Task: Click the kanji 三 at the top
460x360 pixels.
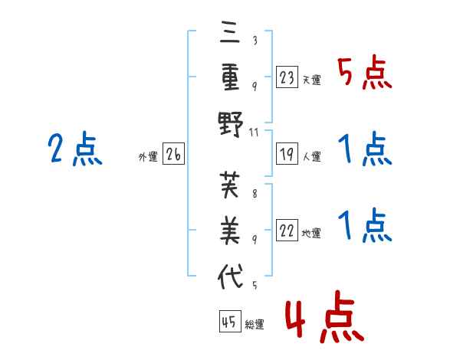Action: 230,31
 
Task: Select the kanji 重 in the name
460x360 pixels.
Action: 230,77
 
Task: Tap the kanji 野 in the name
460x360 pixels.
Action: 231,124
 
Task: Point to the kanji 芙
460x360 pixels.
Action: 230,185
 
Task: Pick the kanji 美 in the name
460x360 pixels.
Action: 230,230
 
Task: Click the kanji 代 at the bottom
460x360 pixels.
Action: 230,277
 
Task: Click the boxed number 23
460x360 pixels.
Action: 287,77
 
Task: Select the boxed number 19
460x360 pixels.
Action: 287,154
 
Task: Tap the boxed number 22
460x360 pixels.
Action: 287,230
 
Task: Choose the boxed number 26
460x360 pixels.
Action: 173,154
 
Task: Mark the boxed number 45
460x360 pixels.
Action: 230,321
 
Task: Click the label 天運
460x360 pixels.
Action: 311,80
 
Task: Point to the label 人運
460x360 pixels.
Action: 312,156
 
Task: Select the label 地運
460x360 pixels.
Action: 311,233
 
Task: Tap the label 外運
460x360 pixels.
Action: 148,157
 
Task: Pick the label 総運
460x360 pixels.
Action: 255,324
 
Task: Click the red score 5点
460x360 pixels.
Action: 365,72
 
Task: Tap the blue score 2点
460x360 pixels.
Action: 75,149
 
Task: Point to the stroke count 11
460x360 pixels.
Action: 254,133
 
